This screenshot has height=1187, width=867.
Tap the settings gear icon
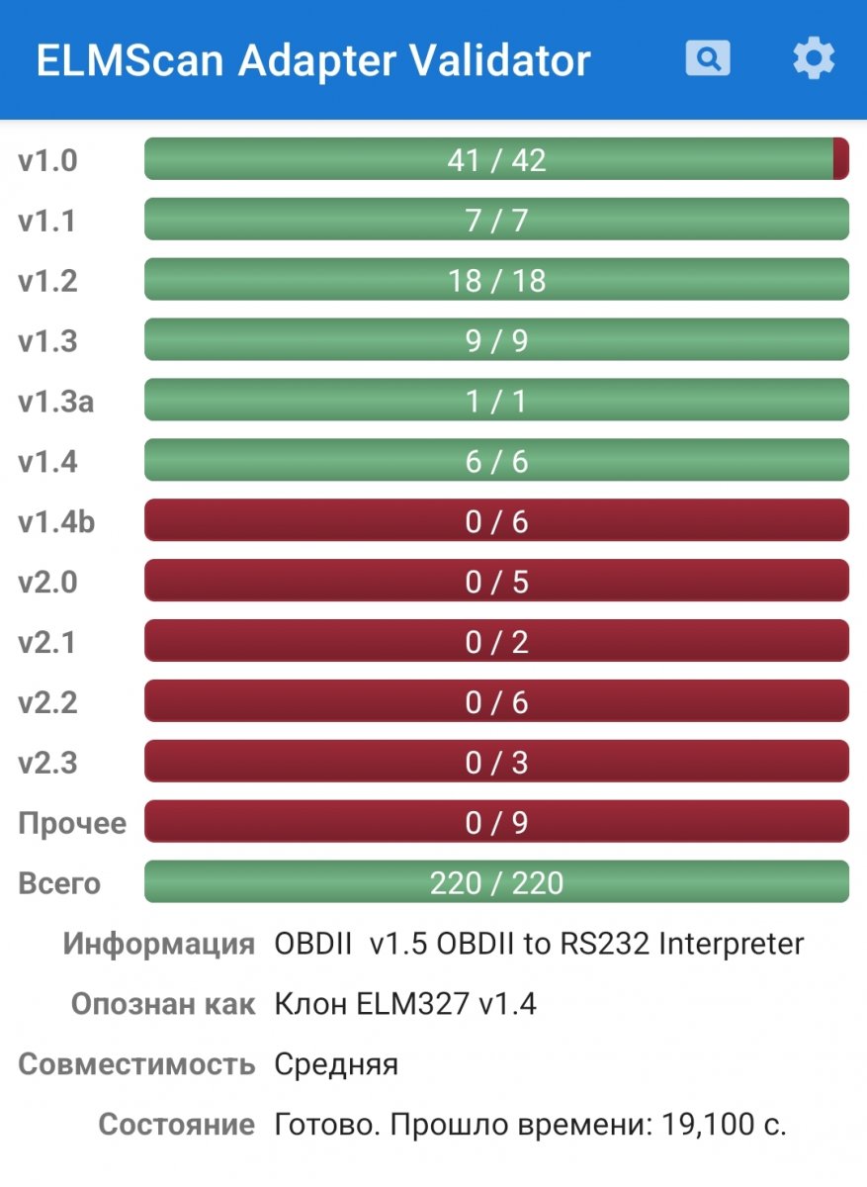pyautogui.click(x=813, y=59)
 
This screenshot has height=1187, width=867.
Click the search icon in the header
pyautogui.click(x=708, y=59)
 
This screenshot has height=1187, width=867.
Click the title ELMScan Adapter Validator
pyautogui.click(x=312, y=60)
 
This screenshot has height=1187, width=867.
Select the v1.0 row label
pyautogui.click(x=47, y=160)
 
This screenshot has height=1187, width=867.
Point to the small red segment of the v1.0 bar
pyautogui.click(x=841, y=159)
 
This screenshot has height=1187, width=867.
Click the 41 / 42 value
pyautogui.click(x=496, y=160)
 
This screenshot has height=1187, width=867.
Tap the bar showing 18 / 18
pyautogui.click(x=496, y=280)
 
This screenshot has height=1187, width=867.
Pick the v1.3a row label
pyautogui.click(x=55, y=401)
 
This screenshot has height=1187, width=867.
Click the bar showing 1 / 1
pyautogui.click(x=496, y=401)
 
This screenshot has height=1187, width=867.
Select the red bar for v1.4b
pyautogui.click(x=496, y=520)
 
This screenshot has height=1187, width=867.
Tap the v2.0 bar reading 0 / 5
pyautogui.click(x=496, y=581)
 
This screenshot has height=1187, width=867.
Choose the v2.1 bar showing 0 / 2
pyautogui.click(x=496, y=641)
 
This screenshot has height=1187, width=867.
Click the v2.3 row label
pyautogui.click(x=47, y=763)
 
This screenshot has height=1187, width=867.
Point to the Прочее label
pyautogui.click(x=72, y=823)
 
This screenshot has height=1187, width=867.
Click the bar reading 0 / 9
pyautogui.click(x=496, y=822)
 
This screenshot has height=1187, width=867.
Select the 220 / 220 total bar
pyautogui.click(x=496, y=882)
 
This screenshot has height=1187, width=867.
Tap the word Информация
pyautogui.click(x=158, y=944)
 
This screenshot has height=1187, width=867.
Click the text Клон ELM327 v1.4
pyautogui.click(x=405, y=1004)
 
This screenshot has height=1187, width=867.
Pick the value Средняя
pyautogui.click(x=336, y=1064)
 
